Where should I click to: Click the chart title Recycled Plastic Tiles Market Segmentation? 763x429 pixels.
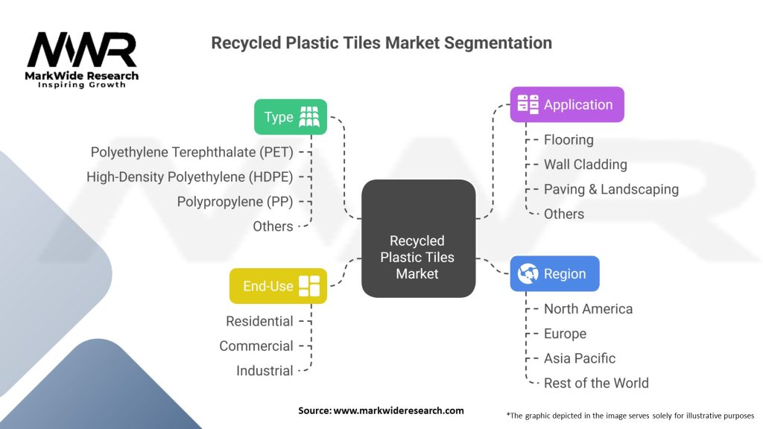[x=381, y=42]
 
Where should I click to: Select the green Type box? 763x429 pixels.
[x=291, y=117]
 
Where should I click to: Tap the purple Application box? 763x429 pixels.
[x=566, y=105]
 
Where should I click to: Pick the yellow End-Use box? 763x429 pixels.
[x=278, y=286]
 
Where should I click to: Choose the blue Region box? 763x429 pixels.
[x=554, y=273]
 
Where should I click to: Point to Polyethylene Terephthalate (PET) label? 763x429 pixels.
[x=191, y=152]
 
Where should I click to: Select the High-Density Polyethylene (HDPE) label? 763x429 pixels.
[x=189, y=177]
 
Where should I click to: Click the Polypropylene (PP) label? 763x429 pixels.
[x=235, y=201]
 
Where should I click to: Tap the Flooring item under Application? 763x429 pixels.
[x=569, y=139]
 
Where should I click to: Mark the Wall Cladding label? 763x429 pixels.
[x=585, y=164]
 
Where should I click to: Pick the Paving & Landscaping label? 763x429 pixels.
[x=611, y=188]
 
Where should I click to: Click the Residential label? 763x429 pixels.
[x=259, y=321]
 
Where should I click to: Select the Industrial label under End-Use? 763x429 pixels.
[x=265, y=370]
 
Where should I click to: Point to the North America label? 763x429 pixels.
[x=588, y=308]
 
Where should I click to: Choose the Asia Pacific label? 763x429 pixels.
[x=580, y=357]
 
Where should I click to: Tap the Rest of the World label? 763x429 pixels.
[x=596, y=383]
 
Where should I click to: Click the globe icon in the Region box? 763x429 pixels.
[x=528, y=273]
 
